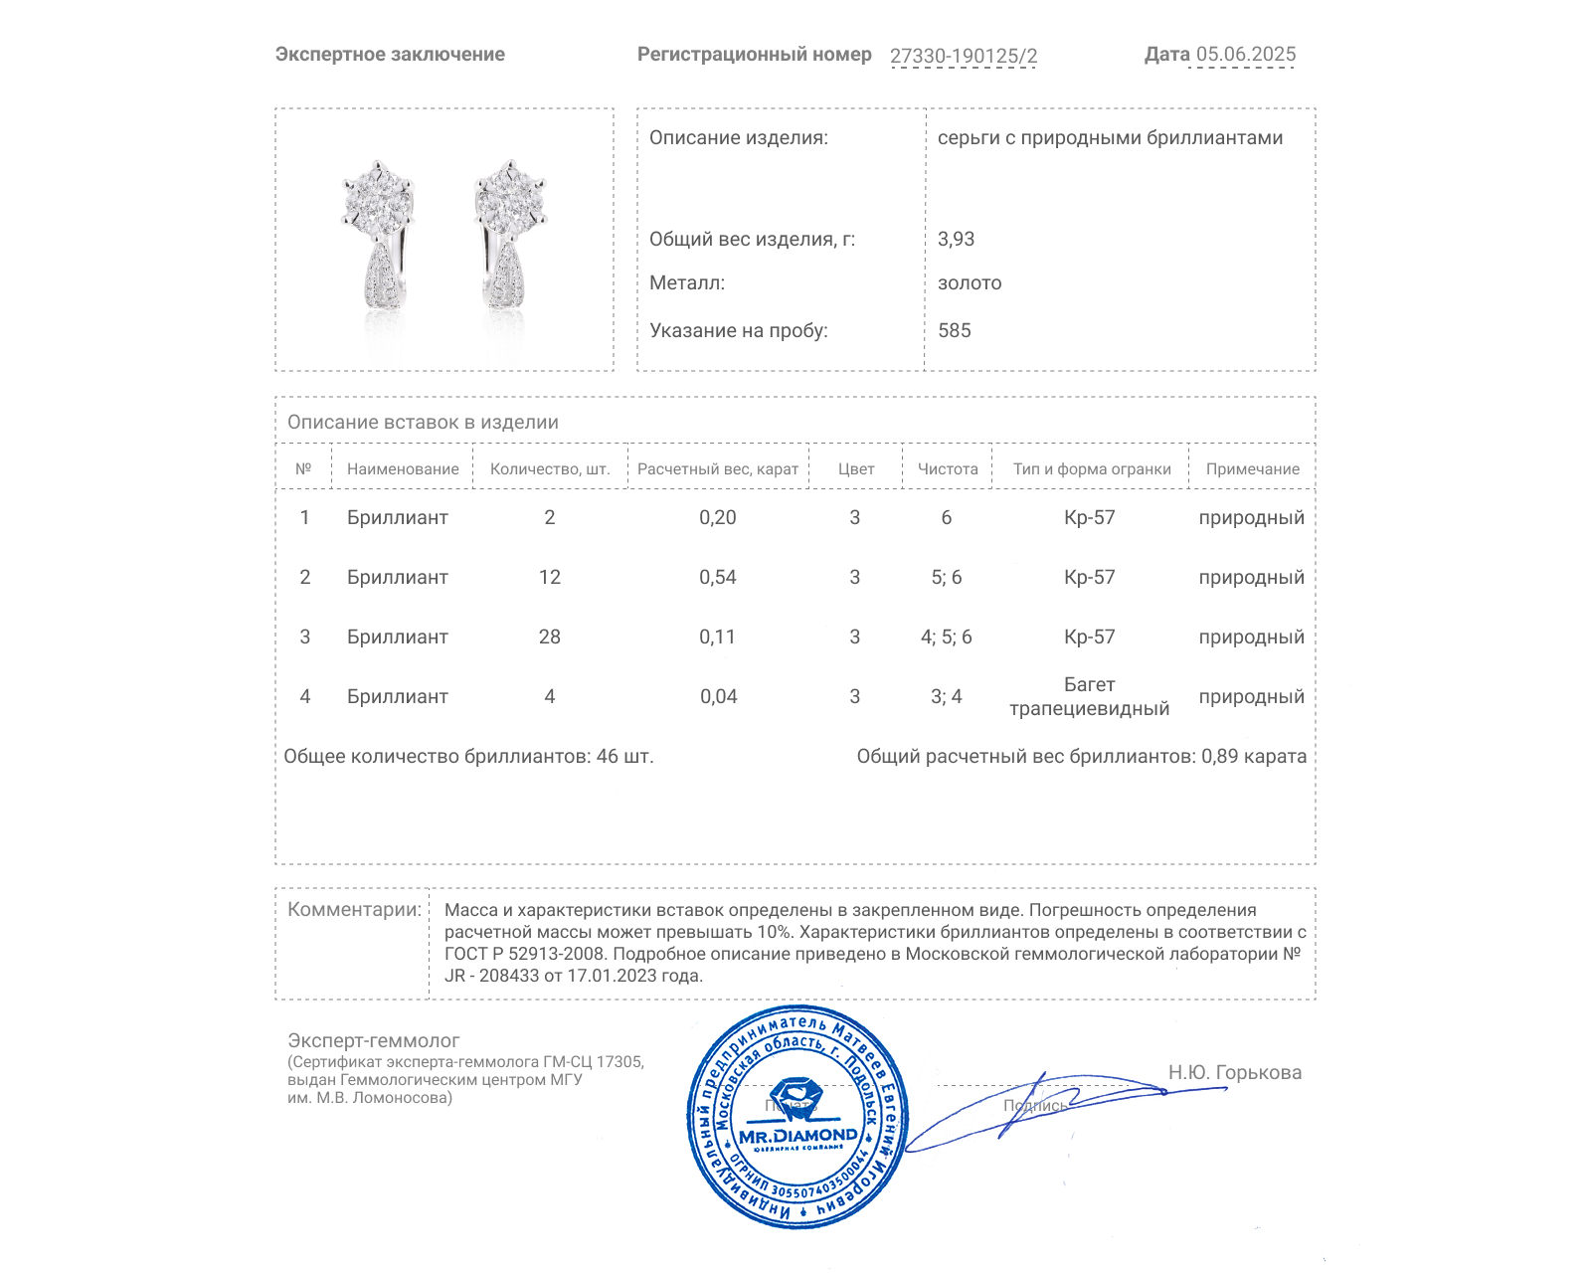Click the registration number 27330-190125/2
point(963,56)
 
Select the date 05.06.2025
point(1245,55)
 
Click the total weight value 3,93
point(956,239)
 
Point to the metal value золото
point(970,282)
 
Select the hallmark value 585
point(954,330)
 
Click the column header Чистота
point(947,469)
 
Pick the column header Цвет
point(855,469)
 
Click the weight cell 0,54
point(717,577)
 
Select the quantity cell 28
point(549,636)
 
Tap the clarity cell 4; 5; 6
point(946,636)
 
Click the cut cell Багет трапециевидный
point(1089,696)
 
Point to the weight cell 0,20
point(717,517)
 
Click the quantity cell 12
point(549,577)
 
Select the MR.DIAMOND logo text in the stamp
point(797,1135)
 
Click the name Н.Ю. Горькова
point(1234,1072)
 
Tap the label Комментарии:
point(354,909)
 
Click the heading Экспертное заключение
point(390,55)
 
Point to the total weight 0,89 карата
point(1253,756)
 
